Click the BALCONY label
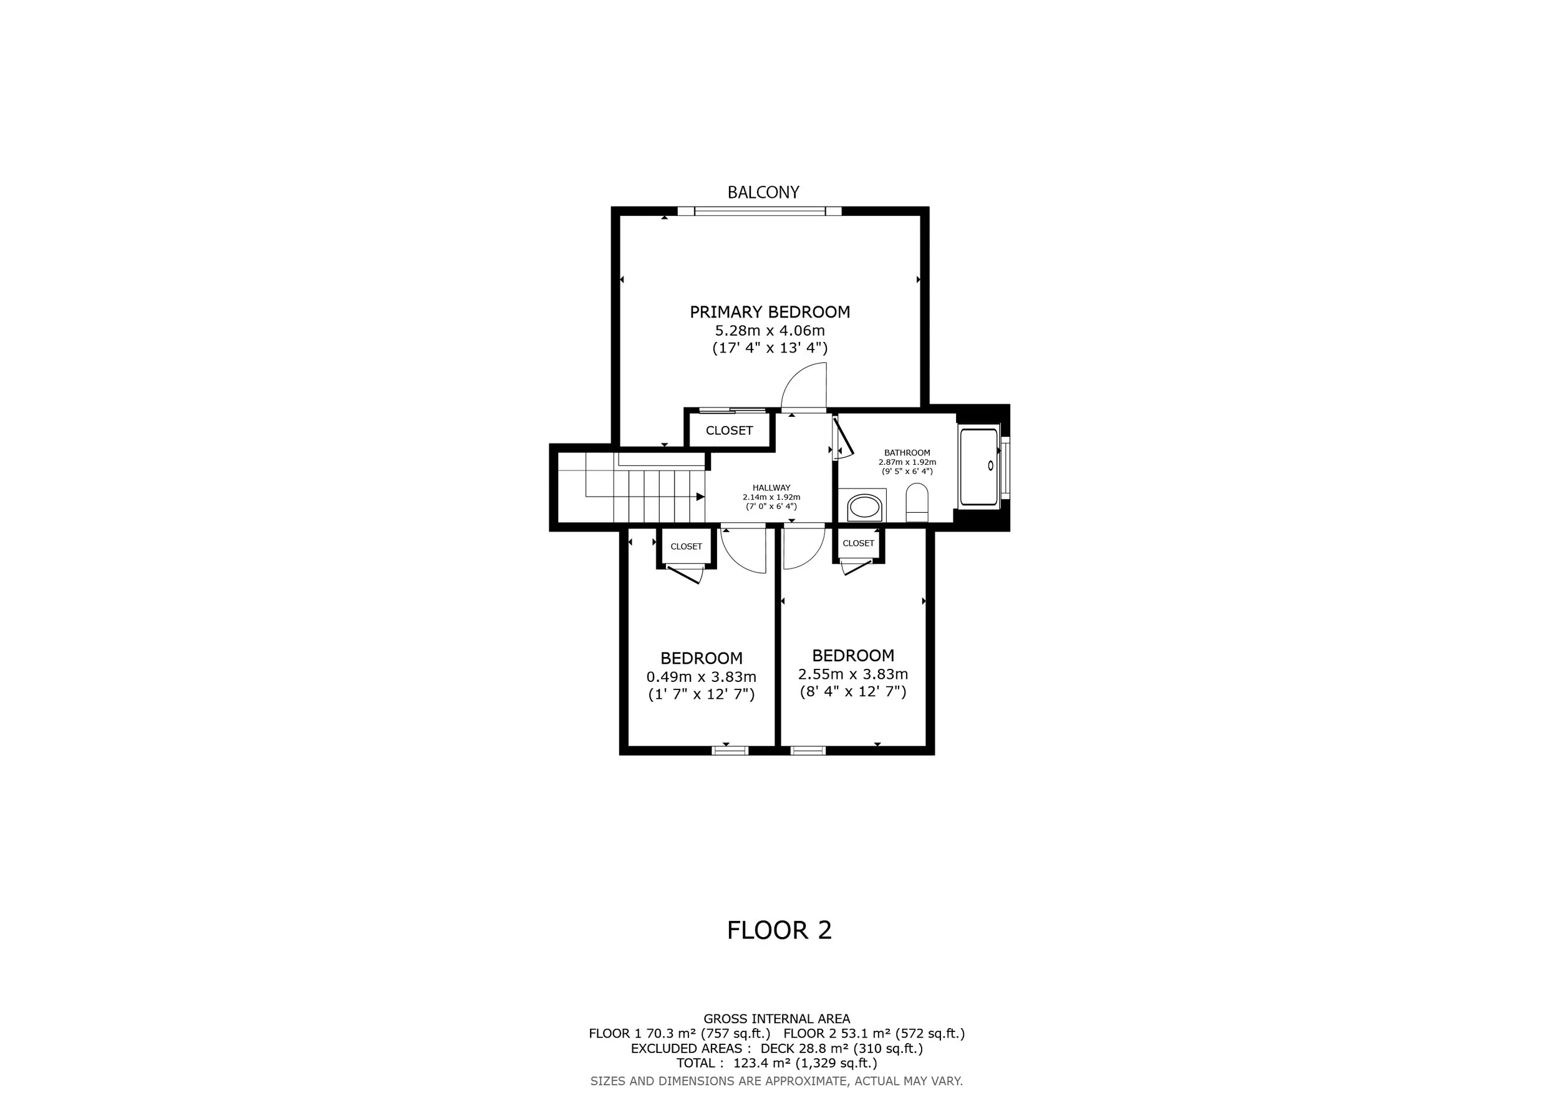763,192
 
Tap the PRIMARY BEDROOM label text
770,312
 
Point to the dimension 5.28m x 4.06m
770,331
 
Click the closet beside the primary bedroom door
729,430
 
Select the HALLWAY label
771,488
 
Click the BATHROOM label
907,453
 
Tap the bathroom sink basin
864,507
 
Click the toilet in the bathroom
917,503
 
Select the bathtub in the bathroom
979,466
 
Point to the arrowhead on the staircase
701,497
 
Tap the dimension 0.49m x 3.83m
702,677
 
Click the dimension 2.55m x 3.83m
853,674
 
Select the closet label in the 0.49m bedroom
687,547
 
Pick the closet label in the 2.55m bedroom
858,543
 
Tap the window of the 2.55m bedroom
808,751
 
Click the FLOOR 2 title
779,930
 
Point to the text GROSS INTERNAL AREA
777,1037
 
